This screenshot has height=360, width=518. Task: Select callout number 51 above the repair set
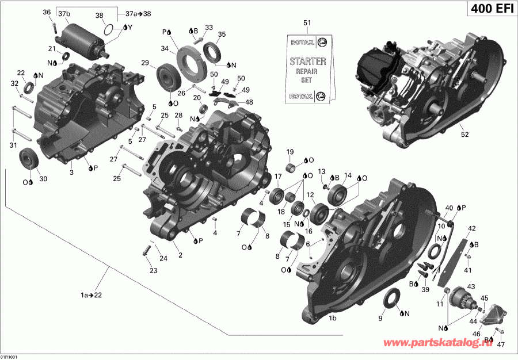(307, 23)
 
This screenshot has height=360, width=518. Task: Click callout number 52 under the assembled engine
(464, 135)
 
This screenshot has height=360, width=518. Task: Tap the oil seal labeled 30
(28, 158)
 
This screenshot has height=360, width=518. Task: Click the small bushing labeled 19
(294, 168)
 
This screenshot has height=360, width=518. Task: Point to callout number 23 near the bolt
(153, 270)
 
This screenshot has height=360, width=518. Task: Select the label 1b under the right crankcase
(333, 317)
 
